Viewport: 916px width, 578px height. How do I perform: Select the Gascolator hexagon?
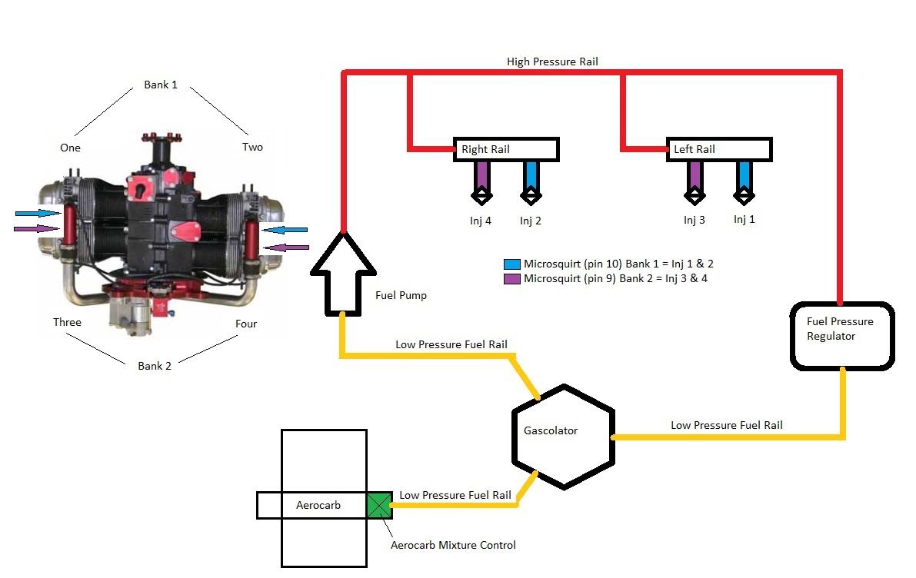coord(564,436)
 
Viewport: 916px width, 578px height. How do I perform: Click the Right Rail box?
coord(506,149)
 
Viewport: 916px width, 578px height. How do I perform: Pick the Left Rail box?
coord(718,149)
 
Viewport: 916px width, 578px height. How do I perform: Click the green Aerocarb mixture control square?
coord(379,505)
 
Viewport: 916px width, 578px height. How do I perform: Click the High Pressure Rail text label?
coord(552,61)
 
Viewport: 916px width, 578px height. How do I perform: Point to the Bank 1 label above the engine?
coord(161,85)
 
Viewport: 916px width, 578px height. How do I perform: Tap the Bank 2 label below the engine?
coord(155,366)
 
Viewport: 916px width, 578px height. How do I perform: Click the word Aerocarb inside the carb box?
coord(318,506)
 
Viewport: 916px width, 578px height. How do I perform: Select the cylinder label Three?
coord(67,322)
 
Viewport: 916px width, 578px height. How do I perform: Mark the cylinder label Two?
coord(252,147)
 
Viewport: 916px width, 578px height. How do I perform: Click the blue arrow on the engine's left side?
coord(37,214)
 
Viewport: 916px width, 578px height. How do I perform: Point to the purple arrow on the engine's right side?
coord(286,247)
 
